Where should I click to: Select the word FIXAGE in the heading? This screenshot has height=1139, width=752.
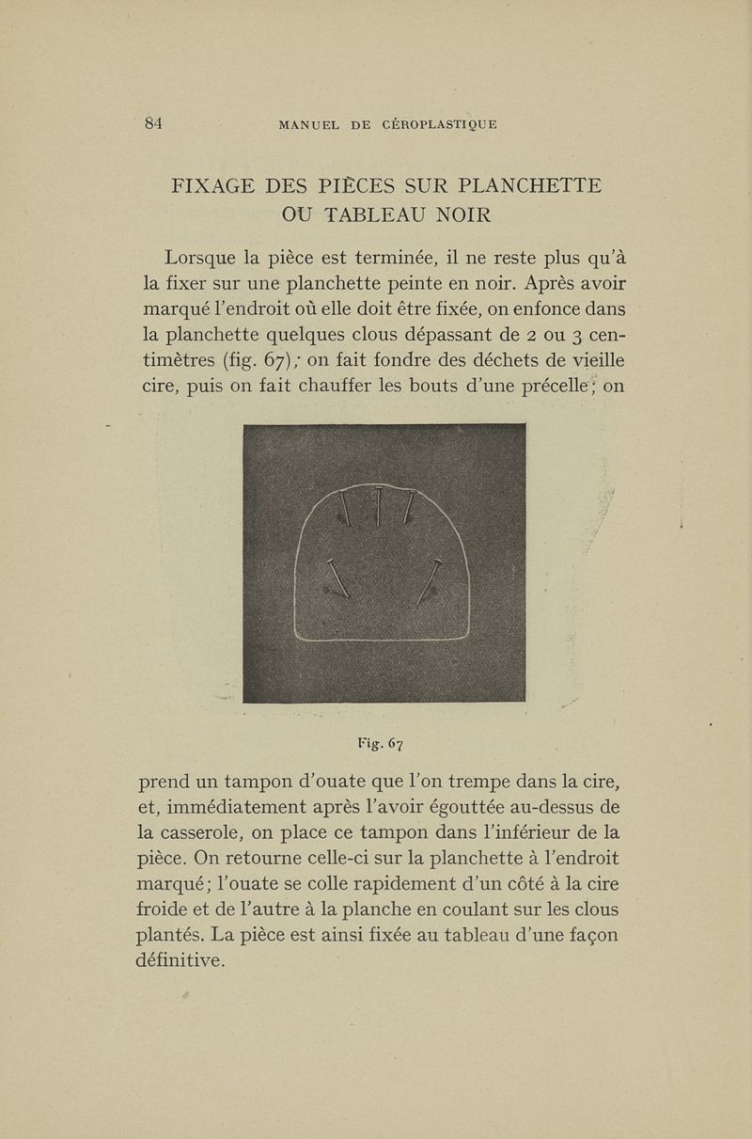[x=219, y=184]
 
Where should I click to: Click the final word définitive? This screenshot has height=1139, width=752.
[x=180, y=959]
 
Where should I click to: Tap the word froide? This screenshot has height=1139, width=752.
[x=167, y=909]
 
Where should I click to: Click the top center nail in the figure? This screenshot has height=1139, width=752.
[x=377, y=507]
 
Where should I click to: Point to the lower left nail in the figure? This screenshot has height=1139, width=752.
[x=337, y=577]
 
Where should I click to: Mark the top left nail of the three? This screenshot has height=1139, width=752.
[x=346, y=509]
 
